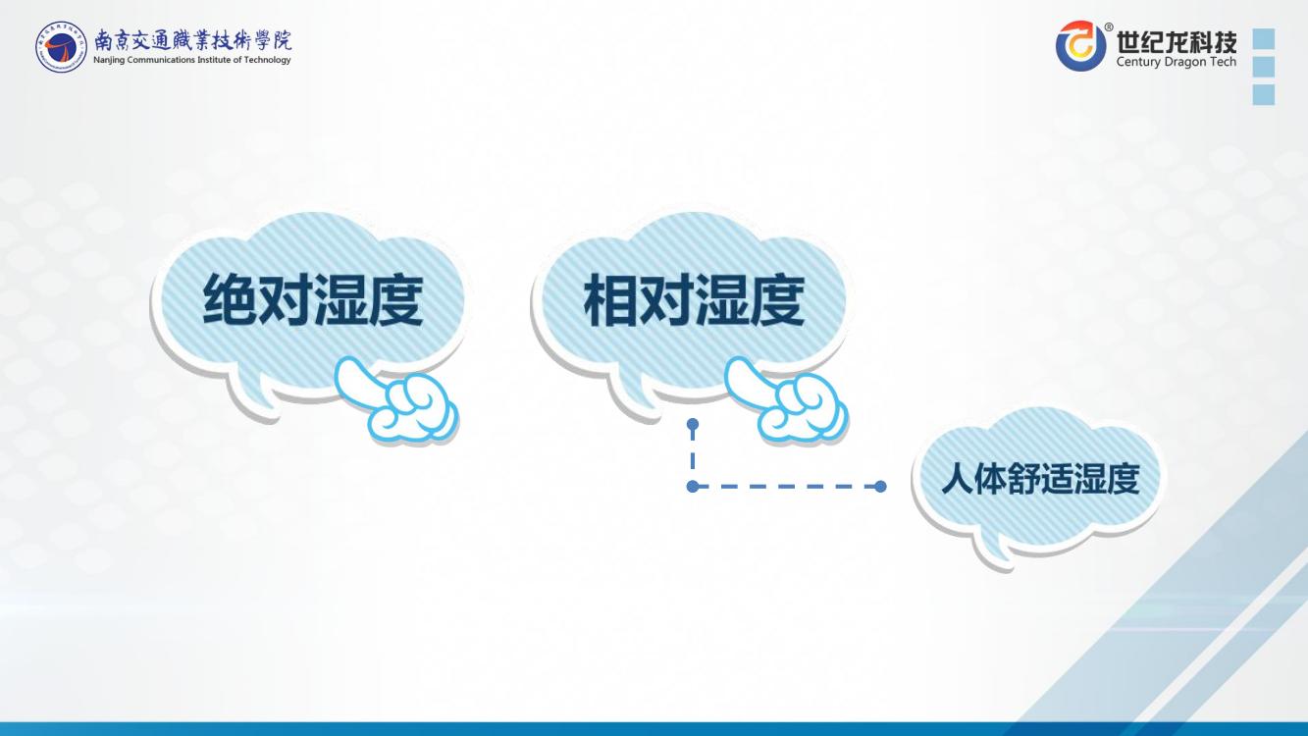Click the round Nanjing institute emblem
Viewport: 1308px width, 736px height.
pyautogui.click(x=61, y=47)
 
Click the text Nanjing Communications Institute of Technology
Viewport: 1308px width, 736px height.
pyautogui.click(x=192, y=60)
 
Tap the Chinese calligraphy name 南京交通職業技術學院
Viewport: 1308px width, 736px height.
pyautogui.click(x=192, y=39)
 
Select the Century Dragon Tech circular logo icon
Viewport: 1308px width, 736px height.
pyautogui.click(x=1081, y=45)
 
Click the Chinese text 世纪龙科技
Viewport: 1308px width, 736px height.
pyautogui.click(x=1177, y=41)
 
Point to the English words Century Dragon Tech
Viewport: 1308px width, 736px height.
pyautogui.click(x=1177, y=62)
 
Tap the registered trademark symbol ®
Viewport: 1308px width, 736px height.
pyautogui.click(x=1108, y=26)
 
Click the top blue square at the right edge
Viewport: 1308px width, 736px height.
pyautogui.click(x=1264, y=38)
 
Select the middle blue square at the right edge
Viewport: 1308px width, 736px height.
pyautogui.click(x=1264, y=67)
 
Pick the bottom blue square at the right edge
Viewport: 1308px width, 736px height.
pyautogui.click(x=1264, y=94)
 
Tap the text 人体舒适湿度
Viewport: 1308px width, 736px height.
pyautogui.click(x=1040, y=480)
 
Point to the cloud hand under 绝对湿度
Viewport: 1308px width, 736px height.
pyautogui.click(x=398, y=399)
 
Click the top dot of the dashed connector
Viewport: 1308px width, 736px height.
pyautogui.click(x=693, y=424)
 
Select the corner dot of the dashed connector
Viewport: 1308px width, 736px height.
pyautogui.click(x=693, y=486)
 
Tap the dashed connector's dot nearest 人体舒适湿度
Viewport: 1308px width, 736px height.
pyautogui.click(x=880, y=486)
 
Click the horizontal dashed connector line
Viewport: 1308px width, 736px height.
pyautogui.click(x=787, y=486)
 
